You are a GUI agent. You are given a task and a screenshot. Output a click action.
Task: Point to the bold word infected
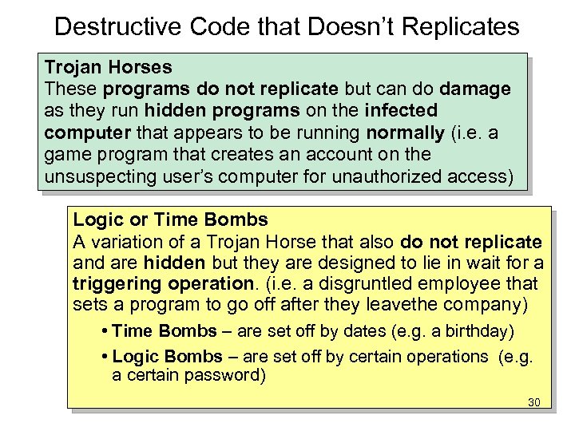pyautogui.click(x=401, y=109)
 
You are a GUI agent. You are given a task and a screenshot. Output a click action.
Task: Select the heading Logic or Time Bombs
pyautogui.click(x=170, y=219)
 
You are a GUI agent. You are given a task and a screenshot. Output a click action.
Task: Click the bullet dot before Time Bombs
pyautogui.click(x=106, y=331)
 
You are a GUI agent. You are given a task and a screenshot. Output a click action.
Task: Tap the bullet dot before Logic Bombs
pyautogui.click(x=106, y=357)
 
